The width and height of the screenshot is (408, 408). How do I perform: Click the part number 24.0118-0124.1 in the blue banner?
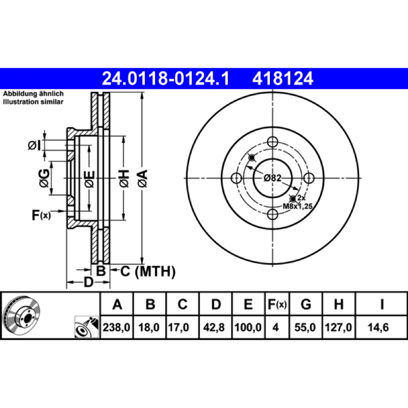click(x=166, y=79)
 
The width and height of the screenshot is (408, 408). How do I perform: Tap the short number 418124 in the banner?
click(x=283, y=79)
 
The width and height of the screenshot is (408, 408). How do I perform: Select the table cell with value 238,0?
click(x=116, y=327)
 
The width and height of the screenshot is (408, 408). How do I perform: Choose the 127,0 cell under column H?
click(x=338, y=327)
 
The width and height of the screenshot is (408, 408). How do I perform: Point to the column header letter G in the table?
click(x=305, y=304)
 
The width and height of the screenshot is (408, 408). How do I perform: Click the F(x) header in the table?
click(x=277, y=304)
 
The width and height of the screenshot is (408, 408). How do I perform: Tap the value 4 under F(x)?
click(x=275, y=327)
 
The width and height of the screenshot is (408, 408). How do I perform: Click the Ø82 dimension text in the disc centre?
click(x=272, y=178)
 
